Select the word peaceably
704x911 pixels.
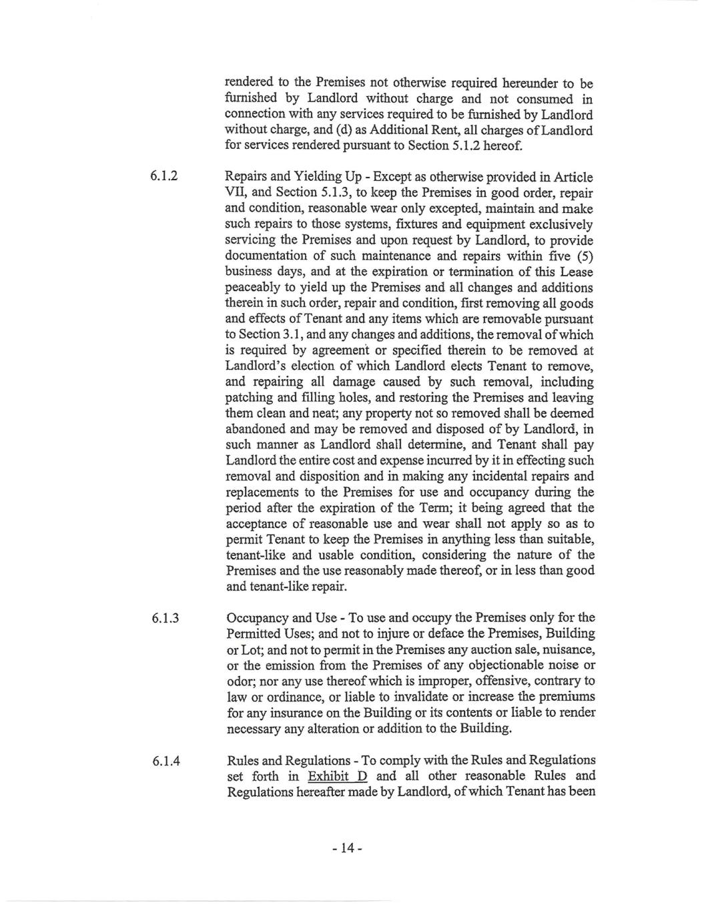[x=254, y=288]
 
